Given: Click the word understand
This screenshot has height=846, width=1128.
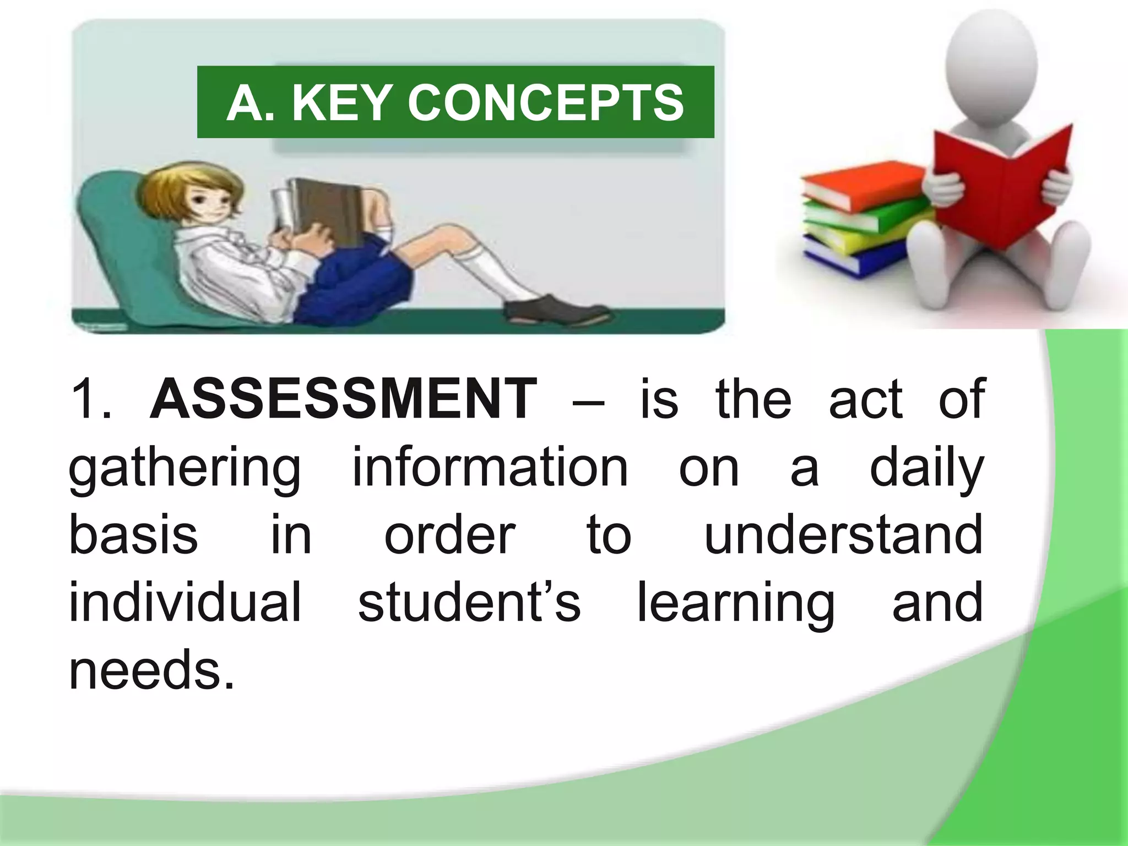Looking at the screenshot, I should (843, 534).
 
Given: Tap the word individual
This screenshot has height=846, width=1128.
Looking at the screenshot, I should (185, 601).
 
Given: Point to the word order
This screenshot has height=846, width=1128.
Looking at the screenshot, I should (449, 534).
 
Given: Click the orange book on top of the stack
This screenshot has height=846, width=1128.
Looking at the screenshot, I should (862, 185).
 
